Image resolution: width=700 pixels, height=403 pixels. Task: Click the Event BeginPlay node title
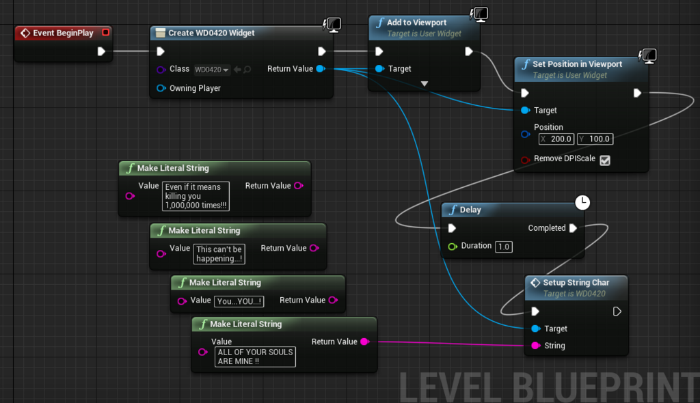[x=63, y=33]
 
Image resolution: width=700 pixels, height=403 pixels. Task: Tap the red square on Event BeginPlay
[x=105, y=32]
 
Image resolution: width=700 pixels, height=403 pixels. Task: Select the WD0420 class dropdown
[x=212, y=70]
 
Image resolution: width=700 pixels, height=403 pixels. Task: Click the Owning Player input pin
[x=161, y=88]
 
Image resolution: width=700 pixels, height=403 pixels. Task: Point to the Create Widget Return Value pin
[x=321, y=69]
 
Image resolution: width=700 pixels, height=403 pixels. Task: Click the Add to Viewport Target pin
[x=379, y=69]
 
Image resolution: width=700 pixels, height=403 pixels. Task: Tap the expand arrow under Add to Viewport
[x=425, y=83]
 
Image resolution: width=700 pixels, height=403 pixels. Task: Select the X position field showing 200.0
[x=556, y=139]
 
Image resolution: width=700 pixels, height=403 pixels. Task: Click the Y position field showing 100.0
[x=595, y=139]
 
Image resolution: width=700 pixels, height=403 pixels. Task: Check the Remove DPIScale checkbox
[x=605, y=161]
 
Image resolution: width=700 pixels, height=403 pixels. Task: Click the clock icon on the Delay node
[x=582, y=203]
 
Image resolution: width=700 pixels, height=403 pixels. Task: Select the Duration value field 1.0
[x=504, y=247]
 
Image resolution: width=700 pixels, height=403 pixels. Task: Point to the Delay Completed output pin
[x=574, y=228]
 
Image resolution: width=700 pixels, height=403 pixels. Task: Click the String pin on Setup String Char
[x=536, y=346]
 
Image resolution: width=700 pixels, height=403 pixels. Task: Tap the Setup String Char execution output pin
[x=617, y=311]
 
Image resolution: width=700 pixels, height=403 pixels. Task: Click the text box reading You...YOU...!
[x=239, y=301]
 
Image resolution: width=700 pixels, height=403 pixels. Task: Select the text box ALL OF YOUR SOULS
[x=255, y=357]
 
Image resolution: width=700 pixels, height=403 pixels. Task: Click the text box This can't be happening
[x=219, y=254]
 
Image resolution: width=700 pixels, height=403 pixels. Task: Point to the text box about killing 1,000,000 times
[x=196, y=196]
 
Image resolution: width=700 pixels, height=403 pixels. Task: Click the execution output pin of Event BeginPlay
[x=101, y=51]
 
